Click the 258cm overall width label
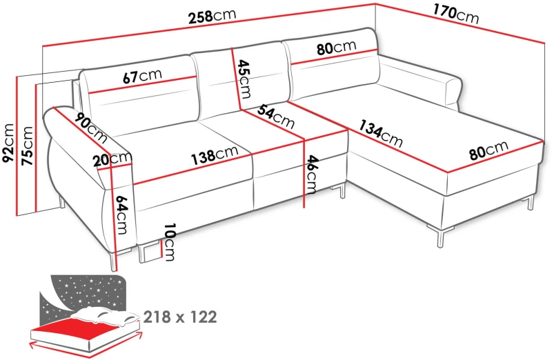(x=213, y=16)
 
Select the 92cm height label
(x=8, y=143)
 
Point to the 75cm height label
(x=27, y=146)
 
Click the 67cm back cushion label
(x=142, y=76)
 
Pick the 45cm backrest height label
(x=244, y=79)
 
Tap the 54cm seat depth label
(x=276, y=117)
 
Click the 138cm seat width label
(x=215, y=155)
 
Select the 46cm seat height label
(x=311, y=174)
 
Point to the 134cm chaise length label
(x=381, y=133)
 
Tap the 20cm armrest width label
(x=112, y=159)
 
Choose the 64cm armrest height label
(x=121, y=214)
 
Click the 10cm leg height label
(x=169, y=242)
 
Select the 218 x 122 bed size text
(x=180, y=317)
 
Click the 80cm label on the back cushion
(x=336, y=48)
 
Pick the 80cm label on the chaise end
(x=489, y=150)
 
